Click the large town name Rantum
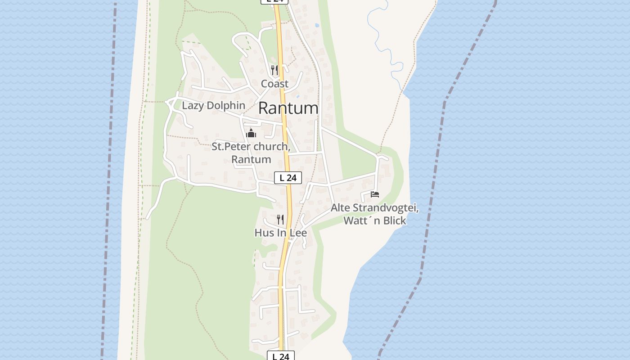(x=288, y=108)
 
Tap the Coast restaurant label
(x=274, y=84)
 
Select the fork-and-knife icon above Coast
(x=274, y=70)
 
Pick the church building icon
(x=251, y=133)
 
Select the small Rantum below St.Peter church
(x=251, y=159)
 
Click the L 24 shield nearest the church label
(x=288, y=178)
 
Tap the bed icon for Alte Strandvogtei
(x=375, y=194)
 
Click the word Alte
(x=341, y=208)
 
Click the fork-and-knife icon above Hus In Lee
(x=280, y=219)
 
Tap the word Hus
(x=263, y=233)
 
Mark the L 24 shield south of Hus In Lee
(x=281, y=356)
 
